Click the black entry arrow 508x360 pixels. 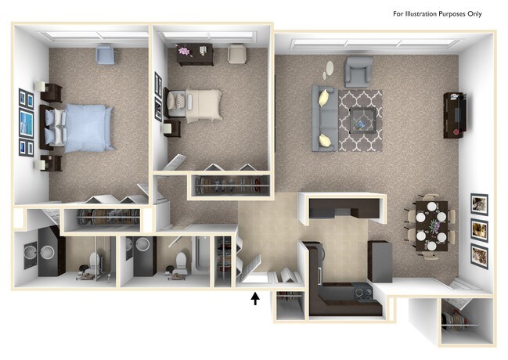pyautogui.click(x=254, y=297)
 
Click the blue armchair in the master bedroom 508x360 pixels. pyautogui.click(x=104, y=53)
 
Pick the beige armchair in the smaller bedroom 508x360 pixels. pyautogui.click(x=236, y=53)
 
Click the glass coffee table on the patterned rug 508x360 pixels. pyautogui.click(x=362, y=118)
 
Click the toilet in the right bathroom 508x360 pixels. pyautogui.click(x=179, y=264)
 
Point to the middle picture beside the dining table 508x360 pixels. pyautogui.click(x=478, y=230)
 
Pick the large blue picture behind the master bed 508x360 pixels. pyautogui.click(x=27, y=124)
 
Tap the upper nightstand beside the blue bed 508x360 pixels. pyautogui.click(x=52, y=92)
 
